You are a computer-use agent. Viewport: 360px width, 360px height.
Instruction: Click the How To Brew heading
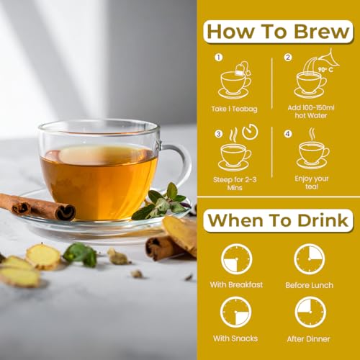click(278, 32)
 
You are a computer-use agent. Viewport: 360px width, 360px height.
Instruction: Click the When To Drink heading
click(278, 220)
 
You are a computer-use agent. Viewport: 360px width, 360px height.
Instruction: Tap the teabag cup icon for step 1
click(235, 81)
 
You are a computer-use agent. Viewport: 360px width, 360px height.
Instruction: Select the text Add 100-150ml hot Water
click(311, 111)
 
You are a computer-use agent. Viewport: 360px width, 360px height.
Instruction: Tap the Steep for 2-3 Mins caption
click(235, 182)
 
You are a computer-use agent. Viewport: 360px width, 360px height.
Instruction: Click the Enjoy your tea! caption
click(312, 182)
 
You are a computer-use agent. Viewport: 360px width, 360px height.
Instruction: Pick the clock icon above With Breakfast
click(236, 258)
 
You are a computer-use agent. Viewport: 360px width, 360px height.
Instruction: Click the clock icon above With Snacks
click(236, 311)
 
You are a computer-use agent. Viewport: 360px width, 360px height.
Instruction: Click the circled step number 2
click(287, 58)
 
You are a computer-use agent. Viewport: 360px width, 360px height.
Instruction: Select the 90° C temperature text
click(325, 70)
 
